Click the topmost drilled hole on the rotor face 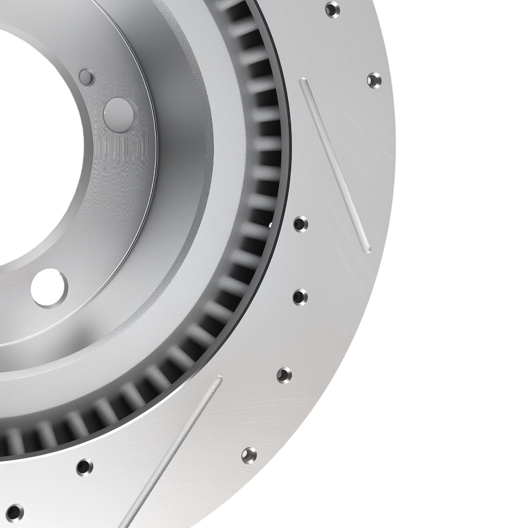332,9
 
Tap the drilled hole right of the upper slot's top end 374,80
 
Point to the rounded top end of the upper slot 303,82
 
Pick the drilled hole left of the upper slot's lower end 300,223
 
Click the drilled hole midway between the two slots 300,296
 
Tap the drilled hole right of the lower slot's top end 284,375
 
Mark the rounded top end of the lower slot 218,380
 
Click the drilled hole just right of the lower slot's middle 249,455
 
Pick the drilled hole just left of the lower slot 84,467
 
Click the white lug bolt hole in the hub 49,288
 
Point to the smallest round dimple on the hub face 86,77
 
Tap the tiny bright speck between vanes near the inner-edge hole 270,225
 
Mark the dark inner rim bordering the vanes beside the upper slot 286,132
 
